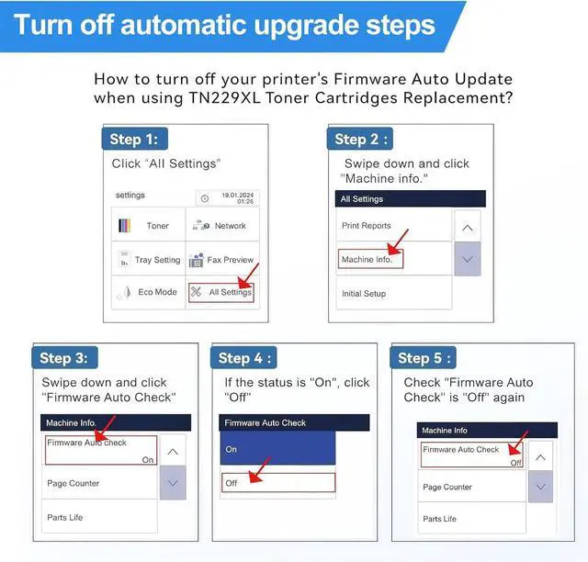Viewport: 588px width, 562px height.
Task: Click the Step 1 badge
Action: (x=135, y=139)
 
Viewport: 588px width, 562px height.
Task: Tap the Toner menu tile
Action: (x=149, y=224)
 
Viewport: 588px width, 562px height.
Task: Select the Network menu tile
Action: (x=222, y=224)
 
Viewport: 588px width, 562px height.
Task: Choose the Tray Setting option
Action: (x=149, y=258)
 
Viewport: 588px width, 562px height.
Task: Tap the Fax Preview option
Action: (x=222, y=258)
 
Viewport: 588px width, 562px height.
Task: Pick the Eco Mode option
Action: (x=149, y=292)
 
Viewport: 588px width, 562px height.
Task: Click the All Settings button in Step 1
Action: (x=221, y=292)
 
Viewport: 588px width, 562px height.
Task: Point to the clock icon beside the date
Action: (x=205, y=198)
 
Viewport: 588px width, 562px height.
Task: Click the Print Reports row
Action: (x=394, y=225)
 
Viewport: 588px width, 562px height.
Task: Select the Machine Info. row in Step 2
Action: (x=370, y=259)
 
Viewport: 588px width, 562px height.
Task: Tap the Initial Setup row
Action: (x=394, y=293)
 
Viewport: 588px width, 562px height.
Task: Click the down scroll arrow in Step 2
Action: (x=468, y=259)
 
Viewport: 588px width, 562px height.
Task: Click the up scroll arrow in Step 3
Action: (x=173, y=452)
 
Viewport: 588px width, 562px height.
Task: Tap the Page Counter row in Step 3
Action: (x=99, y=483)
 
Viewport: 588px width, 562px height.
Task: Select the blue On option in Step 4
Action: (x=277, y=448)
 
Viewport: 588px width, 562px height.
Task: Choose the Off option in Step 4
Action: (x=277, y=482)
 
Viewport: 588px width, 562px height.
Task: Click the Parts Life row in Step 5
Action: (x=471, y=519)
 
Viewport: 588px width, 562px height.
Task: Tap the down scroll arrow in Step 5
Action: (x=540, y=487)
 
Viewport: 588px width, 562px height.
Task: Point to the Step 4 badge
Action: (x=243, y=358)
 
